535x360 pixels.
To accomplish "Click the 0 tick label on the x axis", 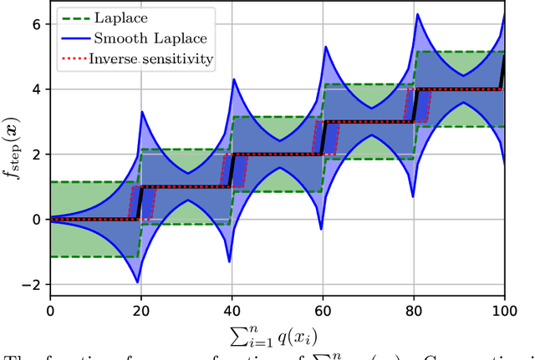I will pos(50,310).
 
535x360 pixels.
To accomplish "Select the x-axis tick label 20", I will pos(140,310).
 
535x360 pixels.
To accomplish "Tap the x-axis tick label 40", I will pos(232,310).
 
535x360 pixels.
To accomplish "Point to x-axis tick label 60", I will pos(323,310).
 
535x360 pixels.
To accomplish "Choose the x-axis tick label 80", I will pos(414,310).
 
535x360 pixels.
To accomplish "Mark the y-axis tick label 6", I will pos(36,24).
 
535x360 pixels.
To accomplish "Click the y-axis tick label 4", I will pos(36,89).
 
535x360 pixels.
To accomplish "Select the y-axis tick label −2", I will pos(32,285).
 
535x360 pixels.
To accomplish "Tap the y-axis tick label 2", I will pos(36,155).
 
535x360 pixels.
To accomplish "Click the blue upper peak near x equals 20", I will pos(141,111).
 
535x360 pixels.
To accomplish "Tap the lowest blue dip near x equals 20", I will pos(137,282).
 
